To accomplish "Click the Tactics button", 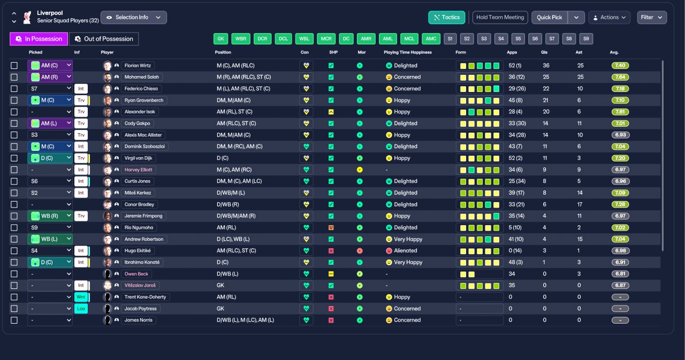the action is [446, 18].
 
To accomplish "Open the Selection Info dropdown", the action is [134, 18].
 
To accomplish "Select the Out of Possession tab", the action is [104, 39].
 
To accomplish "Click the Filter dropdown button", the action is [652, 18].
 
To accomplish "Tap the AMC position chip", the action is [431, 39].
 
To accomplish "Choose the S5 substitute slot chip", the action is [518, 39].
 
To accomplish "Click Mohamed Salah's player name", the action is [142, 77].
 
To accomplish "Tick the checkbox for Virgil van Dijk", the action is [14, 158].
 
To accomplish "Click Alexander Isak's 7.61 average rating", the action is [620, 112].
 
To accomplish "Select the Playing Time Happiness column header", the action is [408, 52].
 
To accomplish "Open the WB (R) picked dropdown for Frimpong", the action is [50, 216].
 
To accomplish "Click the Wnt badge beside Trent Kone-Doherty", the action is [81, 297].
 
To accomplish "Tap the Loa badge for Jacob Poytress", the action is [81, 309].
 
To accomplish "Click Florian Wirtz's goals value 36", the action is [546, 65].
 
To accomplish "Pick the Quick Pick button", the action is [550, 18].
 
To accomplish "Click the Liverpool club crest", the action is [27, 18].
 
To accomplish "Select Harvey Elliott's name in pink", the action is [138, 170].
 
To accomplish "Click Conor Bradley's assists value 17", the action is [580, 204].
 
